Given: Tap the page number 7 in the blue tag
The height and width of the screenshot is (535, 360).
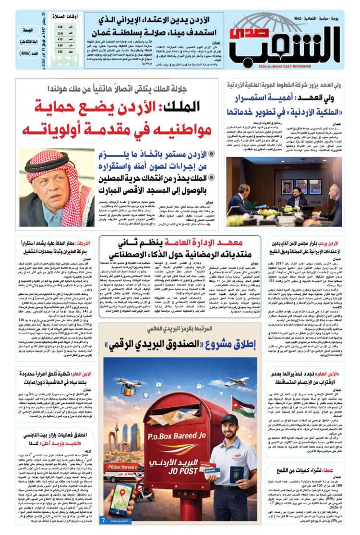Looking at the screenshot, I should (103, 520).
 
